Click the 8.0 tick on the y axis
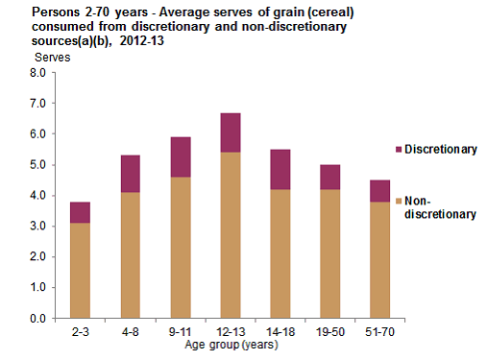pyautogui.click(x=37, y=73)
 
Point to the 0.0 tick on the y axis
pyautogui.click(x=37, y=318)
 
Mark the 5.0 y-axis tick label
pyautogui.click(x=37, y=165)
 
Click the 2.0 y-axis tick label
pyautogui.click(x=37, y=256)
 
